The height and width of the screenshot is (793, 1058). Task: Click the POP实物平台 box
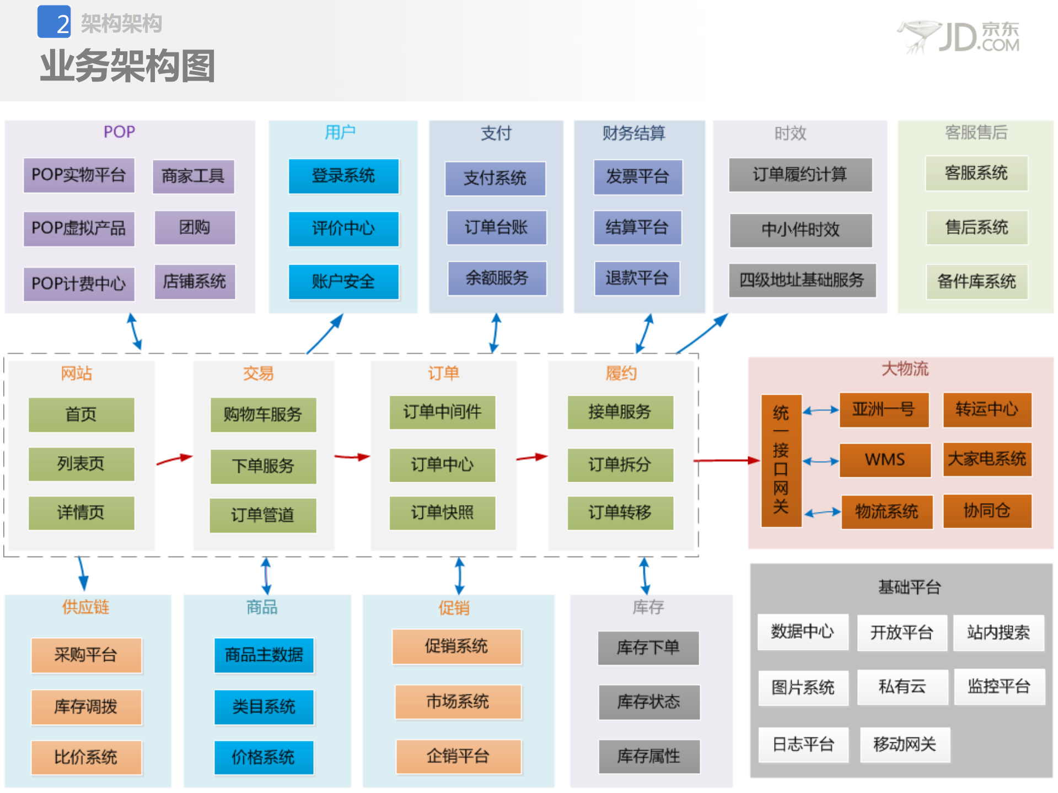[79, 175]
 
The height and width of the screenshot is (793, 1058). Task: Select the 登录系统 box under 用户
[343, 176]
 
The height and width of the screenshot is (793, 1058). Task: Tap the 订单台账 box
[496, 228]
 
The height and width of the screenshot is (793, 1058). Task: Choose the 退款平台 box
[637, 278]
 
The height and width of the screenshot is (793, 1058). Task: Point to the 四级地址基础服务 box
[802, 280]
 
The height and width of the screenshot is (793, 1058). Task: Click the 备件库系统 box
[976, 282]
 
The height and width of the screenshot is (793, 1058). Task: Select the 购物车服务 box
[263, 414]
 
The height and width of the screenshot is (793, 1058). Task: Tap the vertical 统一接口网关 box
[781, 460]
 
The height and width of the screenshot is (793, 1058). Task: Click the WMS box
[884, 460]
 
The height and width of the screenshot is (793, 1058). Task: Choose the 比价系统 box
[86, 757]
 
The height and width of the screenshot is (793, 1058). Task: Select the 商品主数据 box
[264, 655]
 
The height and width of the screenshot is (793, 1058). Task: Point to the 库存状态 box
[648, 702]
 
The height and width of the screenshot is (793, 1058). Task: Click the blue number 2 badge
[54, 22]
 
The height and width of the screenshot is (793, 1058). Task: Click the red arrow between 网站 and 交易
[174, 459]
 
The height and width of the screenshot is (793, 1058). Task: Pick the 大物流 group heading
[905, 369]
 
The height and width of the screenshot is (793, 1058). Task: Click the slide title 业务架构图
[127, 66]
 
